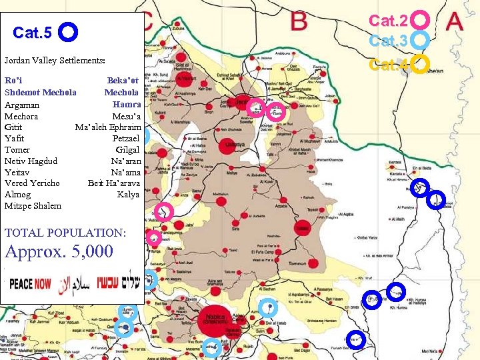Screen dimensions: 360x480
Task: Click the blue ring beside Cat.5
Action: (x=69, y=32)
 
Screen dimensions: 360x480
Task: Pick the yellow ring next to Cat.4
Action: (x=419, y=65)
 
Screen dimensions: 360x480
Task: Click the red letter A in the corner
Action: (x=455, y=21)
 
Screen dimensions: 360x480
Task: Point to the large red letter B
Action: (x=299, y=20)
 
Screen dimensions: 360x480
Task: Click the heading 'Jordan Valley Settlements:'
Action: (x=55, y=61)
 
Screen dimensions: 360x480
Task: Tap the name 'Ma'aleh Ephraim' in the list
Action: (x=107, y=127)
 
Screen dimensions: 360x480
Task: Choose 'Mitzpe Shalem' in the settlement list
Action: (x=33, y=205)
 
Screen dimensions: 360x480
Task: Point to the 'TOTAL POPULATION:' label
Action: (x=65, y=233)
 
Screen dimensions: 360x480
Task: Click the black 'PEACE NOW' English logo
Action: (x=30, y=284)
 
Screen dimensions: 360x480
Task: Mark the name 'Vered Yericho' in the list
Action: (x=32, y=183)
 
